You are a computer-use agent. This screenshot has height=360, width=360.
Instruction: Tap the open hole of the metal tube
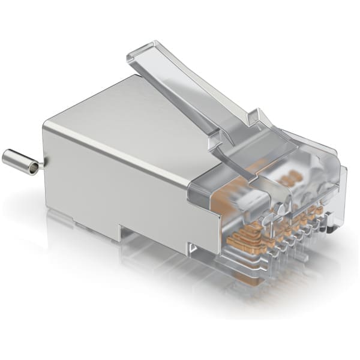pos(34,168)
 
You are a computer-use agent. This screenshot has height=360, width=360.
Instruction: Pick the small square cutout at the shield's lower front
pos(191,247)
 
